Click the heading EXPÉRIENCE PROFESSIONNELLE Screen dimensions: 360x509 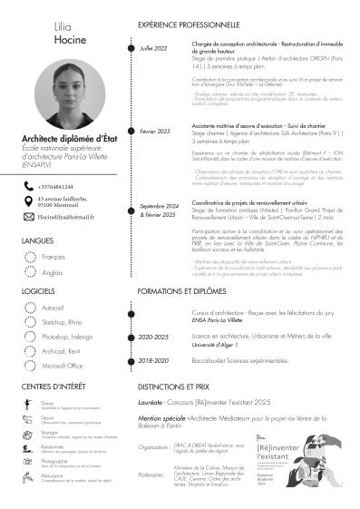[x=191, y=26]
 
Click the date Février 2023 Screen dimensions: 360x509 [x=155, y=132]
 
